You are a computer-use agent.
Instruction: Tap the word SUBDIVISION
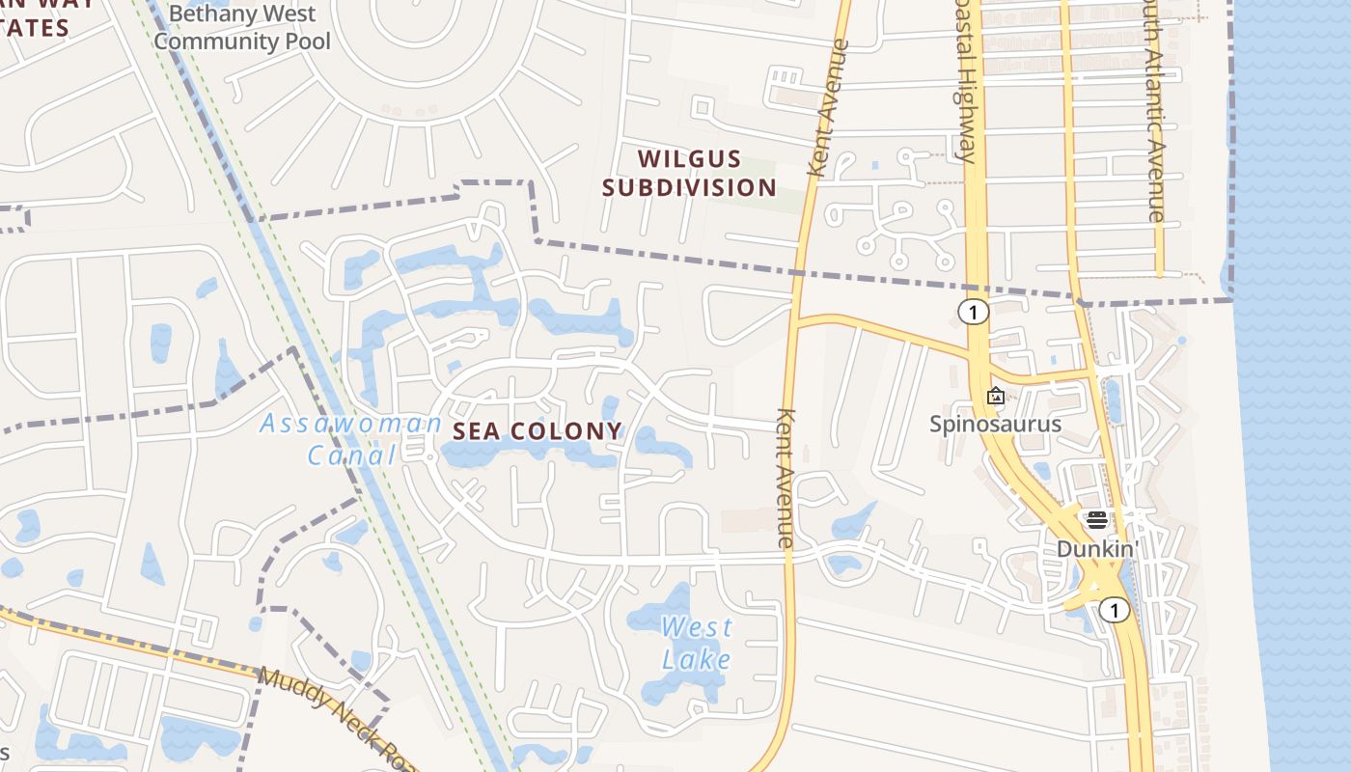click(689, 187)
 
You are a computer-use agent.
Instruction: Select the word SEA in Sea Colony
click(477, 431)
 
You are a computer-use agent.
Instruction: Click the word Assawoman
click(350, 424)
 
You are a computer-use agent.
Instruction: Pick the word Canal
click(352, 454)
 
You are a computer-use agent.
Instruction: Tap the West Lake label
click(697, 643)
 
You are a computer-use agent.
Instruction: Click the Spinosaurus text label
click(995, 424)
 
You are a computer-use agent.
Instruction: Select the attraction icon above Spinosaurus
click(995, 396)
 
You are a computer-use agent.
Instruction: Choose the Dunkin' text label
click(1097, 548)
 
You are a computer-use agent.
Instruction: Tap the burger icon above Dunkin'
click(1096, 520)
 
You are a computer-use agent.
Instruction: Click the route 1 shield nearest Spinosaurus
click(974, 312)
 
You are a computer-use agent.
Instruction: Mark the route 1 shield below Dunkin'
click(1114, 610)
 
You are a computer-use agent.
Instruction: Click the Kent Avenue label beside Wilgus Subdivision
click(829, 107)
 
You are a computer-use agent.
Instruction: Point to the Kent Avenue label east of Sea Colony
click(785, 479)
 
